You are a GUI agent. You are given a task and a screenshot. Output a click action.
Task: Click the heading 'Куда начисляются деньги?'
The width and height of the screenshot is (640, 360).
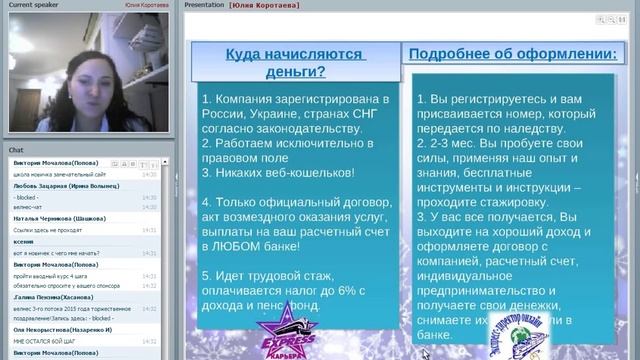[293, 63]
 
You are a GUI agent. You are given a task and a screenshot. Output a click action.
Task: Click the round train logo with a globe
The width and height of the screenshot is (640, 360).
[525, 326]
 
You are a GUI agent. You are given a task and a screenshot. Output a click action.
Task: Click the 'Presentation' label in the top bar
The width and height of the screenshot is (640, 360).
[204, 5]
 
